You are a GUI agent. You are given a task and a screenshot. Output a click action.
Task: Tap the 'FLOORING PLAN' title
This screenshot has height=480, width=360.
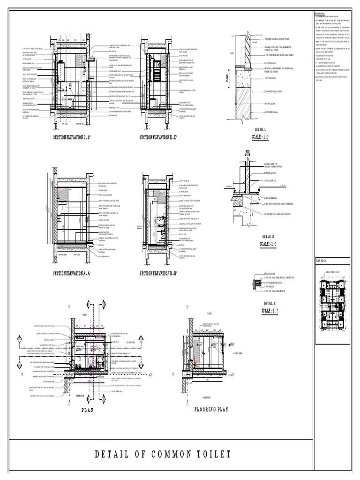(210, 409)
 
